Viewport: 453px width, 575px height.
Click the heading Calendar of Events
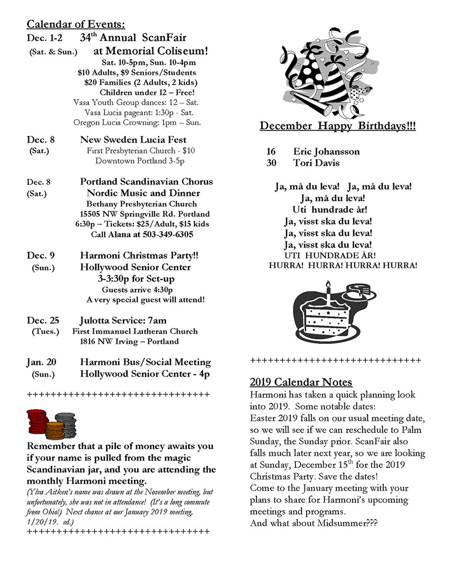coord(76,24)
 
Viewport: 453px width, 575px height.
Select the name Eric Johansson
coord(326,151)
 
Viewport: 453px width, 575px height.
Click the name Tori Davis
coord(316,163)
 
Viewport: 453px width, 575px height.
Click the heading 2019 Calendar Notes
coord(301,382)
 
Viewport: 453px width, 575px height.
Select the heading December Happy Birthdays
coord(338,126)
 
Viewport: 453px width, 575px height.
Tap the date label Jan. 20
coord(41,362)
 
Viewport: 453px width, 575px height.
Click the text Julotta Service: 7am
coord(123,320)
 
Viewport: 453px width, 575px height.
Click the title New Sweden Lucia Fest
coord(133,140)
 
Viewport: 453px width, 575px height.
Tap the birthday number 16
coord(271,151)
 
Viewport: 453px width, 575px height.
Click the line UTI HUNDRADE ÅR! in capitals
coord(329,255)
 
